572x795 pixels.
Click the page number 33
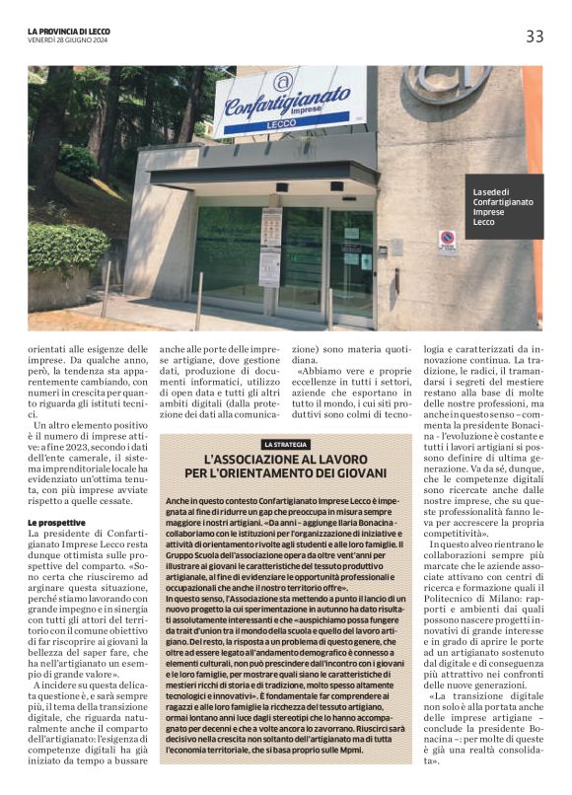pos(534,36)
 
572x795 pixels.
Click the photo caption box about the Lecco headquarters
pos(505,206)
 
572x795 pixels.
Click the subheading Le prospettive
pos(56,521)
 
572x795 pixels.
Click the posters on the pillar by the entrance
pos(270,247)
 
